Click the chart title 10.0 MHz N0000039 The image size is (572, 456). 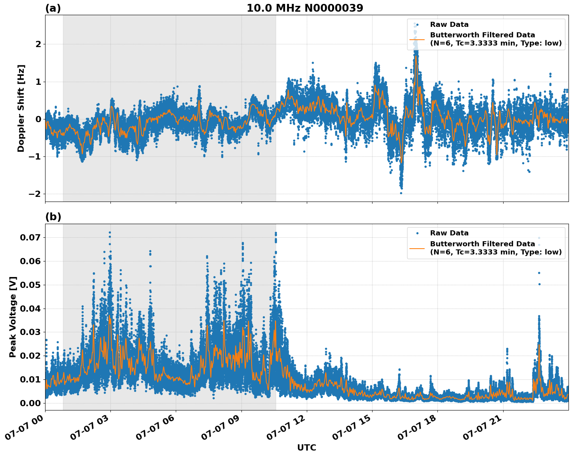(305, 8)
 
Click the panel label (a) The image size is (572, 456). (53, 8)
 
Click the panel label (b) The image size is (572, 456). (53, 217)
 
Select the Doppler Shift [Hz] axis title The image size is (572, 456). (21, 108)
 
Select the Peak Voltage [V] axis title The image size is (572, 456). (13, 317)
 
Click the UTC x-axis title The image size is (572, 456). (306, 447)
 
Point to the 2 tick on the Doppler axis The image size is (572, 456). (38, 44)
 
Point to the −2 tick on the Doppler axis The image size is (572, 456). (36, 194)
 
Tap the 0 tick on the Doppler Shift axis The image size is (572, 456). (38, 119)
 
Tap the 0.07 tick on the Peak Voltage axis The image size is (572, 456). (32, 237)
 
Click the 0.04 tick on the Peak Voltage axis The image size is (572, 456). (32, 309)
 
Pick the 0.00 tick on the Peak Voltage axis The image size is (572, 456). (32, 403)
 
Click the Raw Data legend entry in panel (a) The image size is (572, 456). (449, 25)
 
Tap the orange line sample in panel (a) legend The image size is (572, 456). (417, 39)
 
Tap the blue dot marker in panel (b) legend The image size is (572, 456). (417, 233)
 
